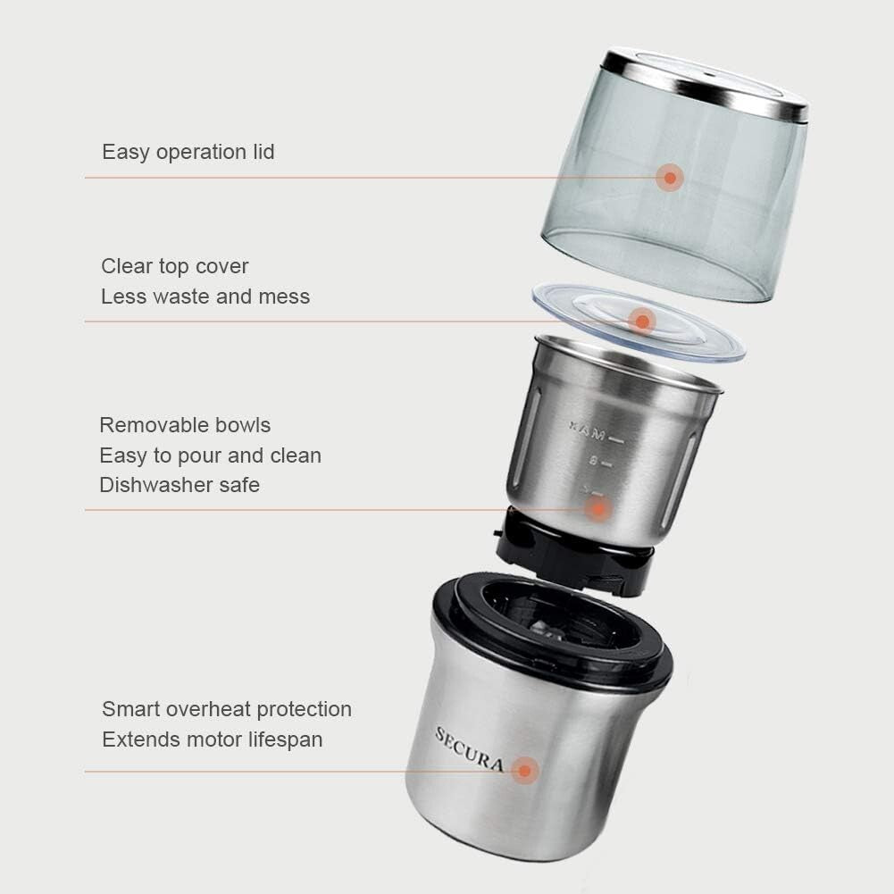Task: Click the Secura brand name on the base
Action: (x=469, y=749)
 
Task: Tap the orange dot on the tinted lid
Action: (x=669, y=177)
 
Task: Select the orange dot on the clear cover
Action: (x=641, y=320)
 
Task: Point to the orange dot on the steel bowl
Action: (x=599, y=509)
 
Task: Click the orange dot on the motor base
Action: (x=525, y=770)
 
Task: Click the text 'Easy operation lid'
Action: (x=188, y=152)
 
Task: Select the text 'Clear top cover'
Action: (x=174, y=266)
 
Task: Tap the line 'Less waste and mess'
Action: (x=205, y=297)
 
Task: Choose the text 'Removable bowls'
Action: (x=185, y=425)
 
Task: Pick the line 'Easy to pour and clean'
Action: (x=210, y=455)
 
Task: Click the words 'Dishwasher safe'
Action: (x=180, y=485)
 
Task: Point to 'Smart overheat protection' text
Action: (x=227, y=709)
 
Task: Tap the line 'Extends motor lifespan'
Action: (x=212, y=739)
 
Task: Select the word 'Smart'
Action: (x=130, y=709)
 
